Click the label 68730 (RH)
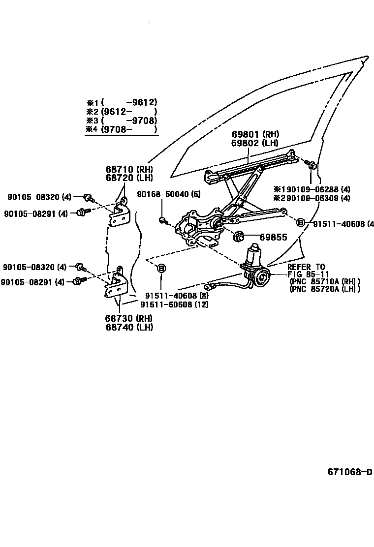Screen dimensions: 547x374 128,318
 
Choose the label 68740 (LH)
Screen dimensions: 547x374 128,327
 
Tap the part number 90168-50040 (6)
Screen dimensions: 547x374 168,194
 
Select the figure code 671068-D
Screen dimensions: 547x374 350,472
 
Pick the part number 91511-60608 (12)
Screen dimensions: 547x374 174,304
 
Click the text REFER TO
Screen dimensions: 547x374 306,267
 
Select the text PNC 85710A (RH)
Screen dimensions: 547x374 325,281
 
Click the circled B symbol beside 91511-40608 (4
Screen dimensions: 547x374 301,223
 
